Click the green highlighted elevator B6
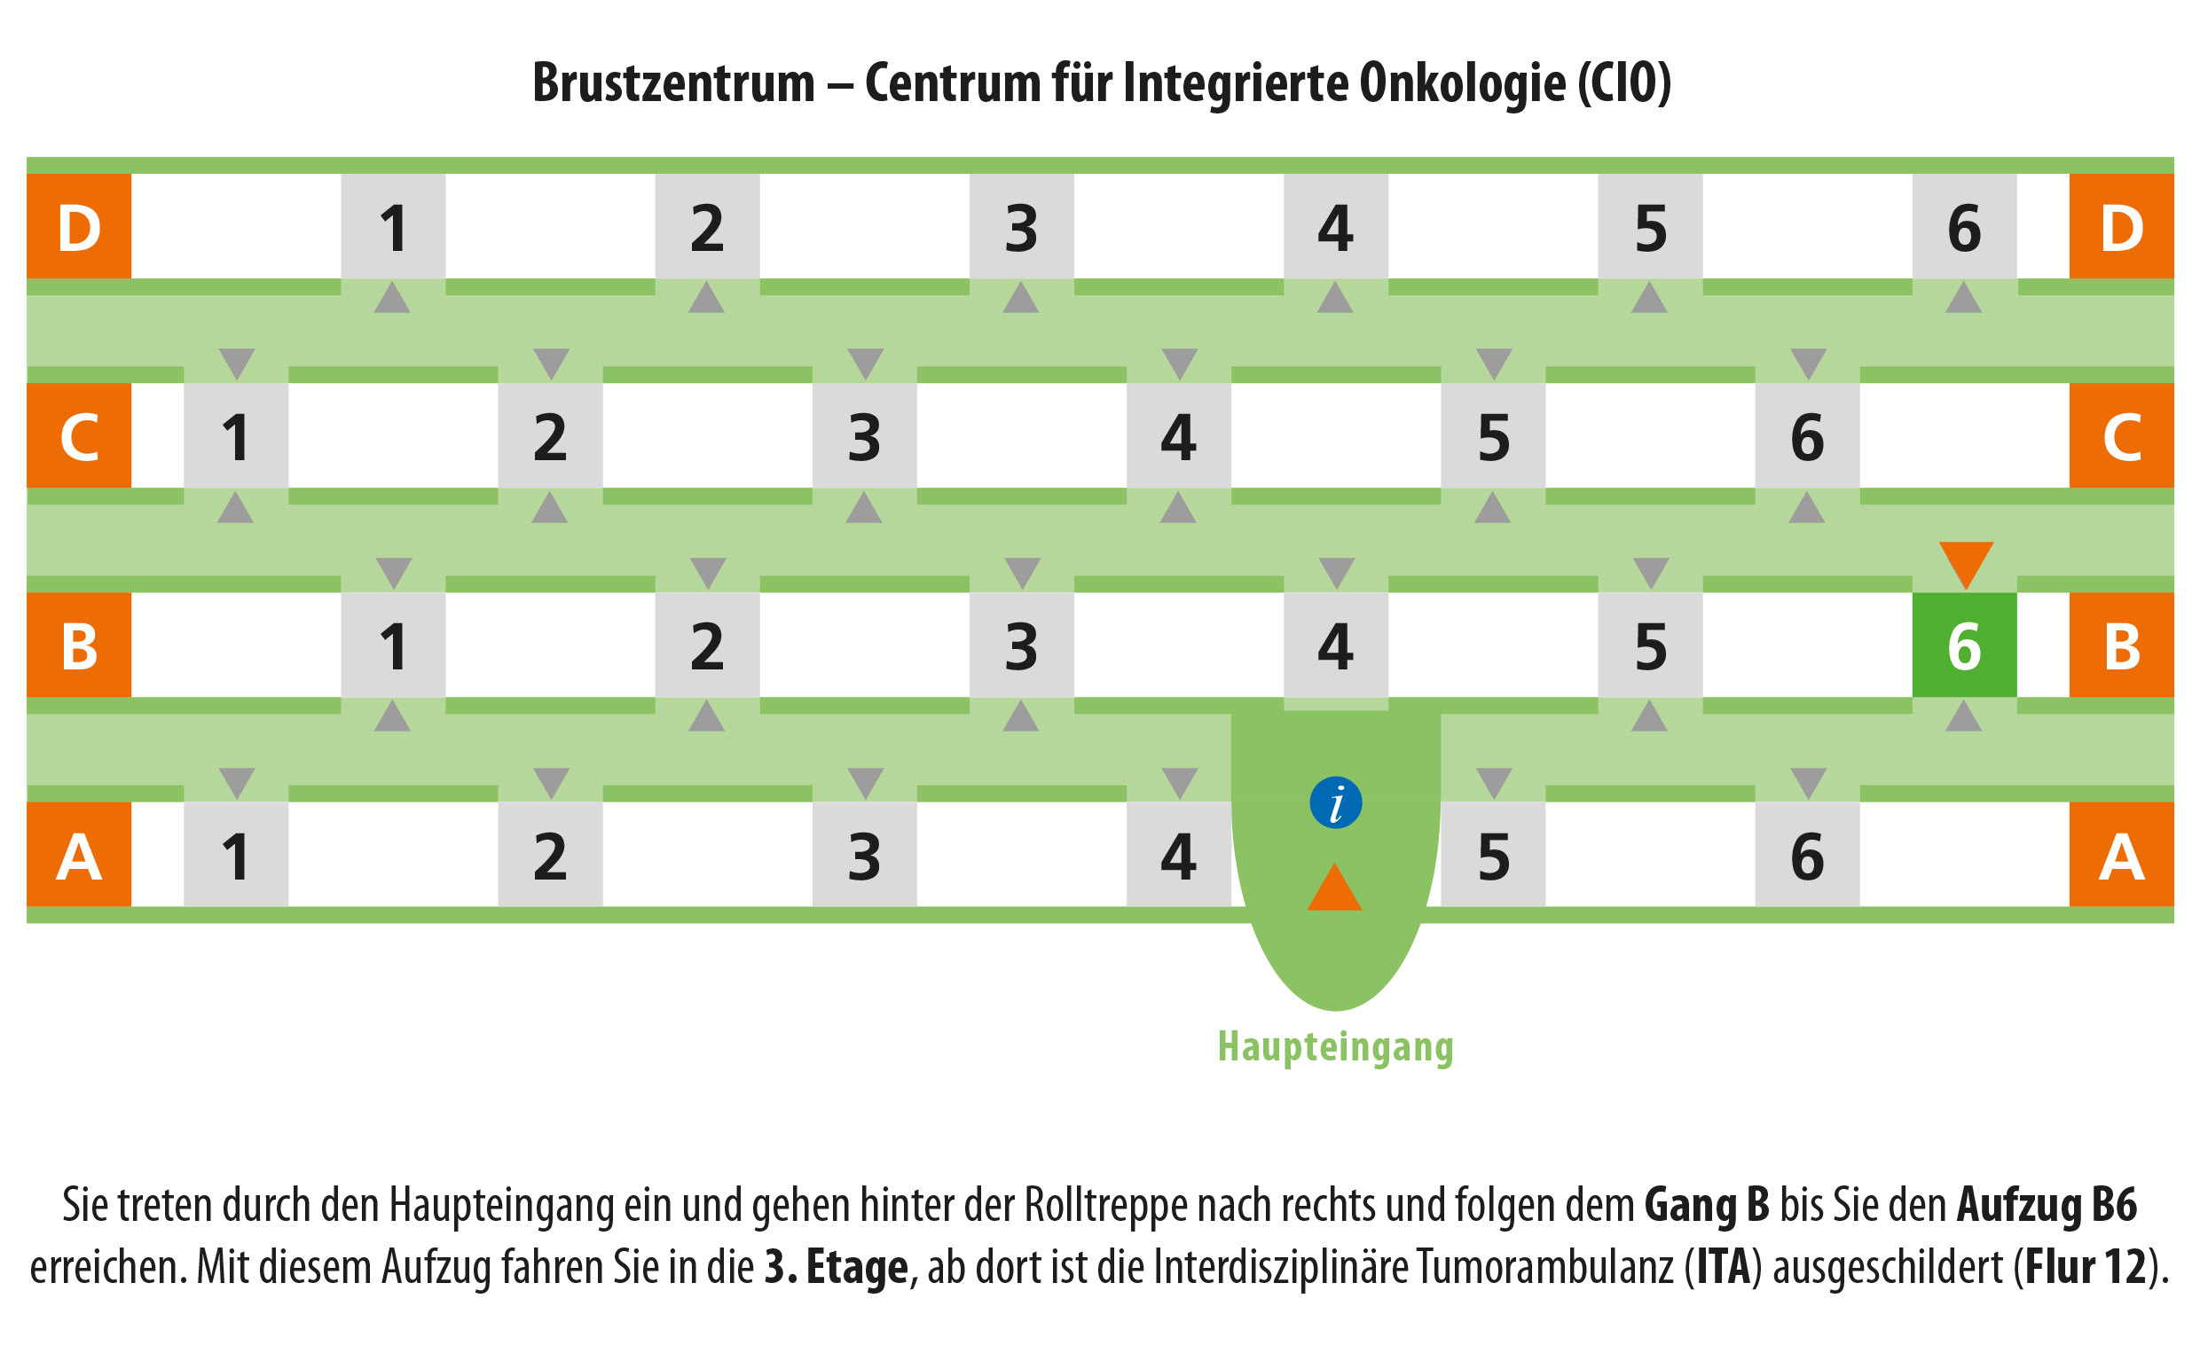coord(1964,645)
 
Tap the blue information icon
coord(1335,802)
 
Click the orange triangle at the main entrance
coord(1334,887)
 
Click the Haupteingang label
coord(1335,1047)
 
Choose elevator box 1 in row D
coord(393,226)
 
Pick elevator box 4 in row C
coord(1179,435)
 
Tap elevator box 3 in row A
coord(865,854)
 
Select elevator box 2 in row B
coord(707,645)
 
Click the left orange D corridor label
coord(79,226)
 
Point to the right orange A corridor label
coord(2122,854)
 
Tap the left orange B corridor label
coord(79,645)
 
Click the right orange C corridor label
coord(2122,435)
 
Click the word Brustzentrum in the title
coord(673,82)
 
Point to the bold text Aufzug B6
coord(2047,1205)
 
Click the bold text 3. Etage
coord(837,1267)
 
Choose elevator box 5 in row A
coord(1493,854)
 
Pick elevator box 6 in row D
coord(1964,226)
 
